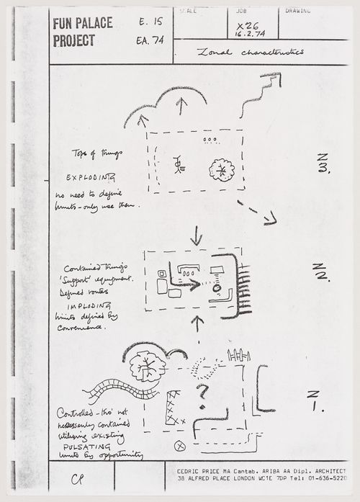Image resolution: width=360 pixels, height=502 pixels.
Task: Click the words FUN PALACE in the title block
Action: [82, 24]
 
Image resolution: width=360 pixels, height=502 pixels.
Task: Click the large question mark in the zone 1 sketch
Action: [202, 393]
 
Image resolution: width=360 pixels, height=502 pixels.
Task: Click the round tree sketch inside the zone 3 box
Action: [221, 171]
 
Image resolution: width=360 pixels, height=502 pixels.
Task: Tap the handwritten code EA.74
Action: [149, 40]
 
